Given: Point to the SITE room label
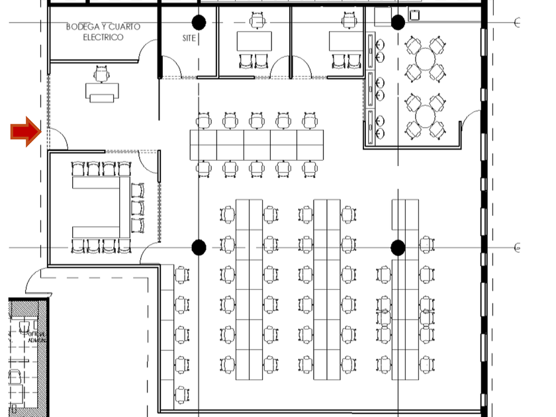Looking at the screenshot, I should pos(189,38).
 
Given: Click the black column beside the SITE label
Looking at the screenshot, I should pos(199,23).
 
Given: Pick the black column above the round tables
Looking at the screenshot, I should pos(398,23).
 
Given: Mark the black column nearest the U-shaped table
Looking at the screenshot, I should pos(199,248).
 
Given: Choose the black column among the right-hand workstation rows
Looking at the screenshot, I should pos(398,248).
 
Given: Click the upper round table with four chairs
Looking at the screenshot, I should pos(424,60).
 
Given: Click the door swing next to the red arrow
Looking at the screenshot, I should pos(57,138).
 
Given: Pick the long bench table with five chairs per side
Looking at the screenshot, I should pos(256,145).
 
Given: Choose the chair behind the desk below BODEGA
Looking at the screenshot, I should pos(101,74).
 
